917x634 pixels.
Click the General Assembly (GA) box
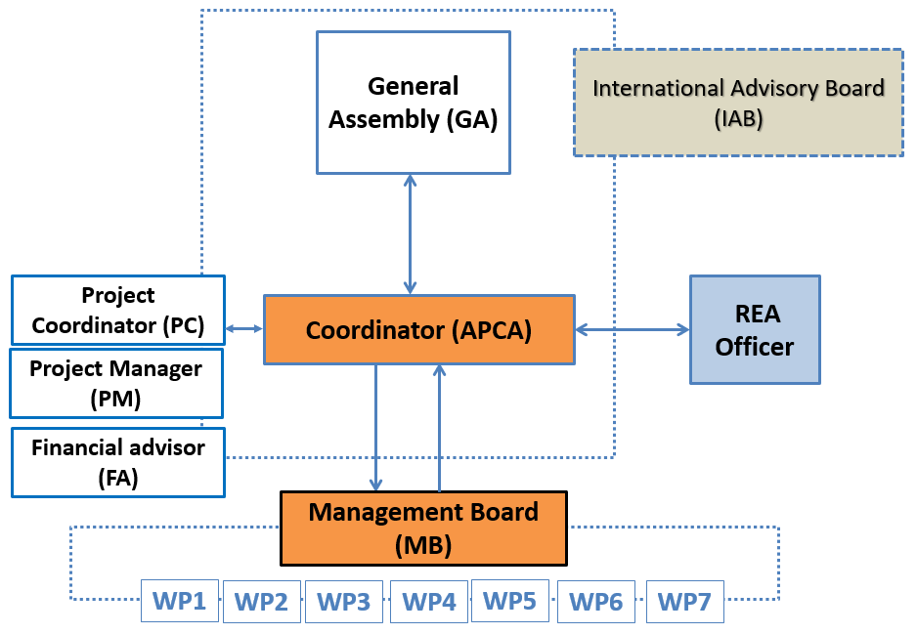414,103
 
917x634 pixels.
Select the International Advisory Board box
739,103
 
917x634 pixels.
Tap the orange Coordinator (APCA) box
419,330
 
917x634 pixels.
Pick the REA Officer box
755,329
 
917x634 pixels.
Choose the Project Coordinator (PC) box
118,310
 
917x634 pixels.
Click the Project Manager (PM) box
116,383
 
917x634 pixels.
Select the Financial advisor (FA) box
118,463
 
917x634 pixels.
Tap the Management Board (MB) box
423,528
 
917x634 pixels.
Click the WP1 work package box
180,601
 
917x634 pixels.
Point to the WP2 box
262,602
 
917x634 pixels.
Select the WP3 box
344,602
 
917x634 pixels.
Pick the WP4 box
429,602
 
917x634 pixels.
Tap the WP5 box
510,601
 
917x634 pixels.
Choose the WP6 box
596,602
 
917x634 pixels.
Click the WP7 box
685,602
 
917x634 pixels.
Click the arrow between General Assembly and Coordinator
410,234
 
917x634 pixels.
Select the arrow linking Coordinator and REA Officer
633,329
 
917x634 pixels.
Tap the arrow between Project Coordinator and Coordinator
244,329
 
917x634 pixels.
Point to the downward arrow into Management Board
375,428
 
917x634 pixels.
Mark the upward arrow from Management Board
439,428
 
